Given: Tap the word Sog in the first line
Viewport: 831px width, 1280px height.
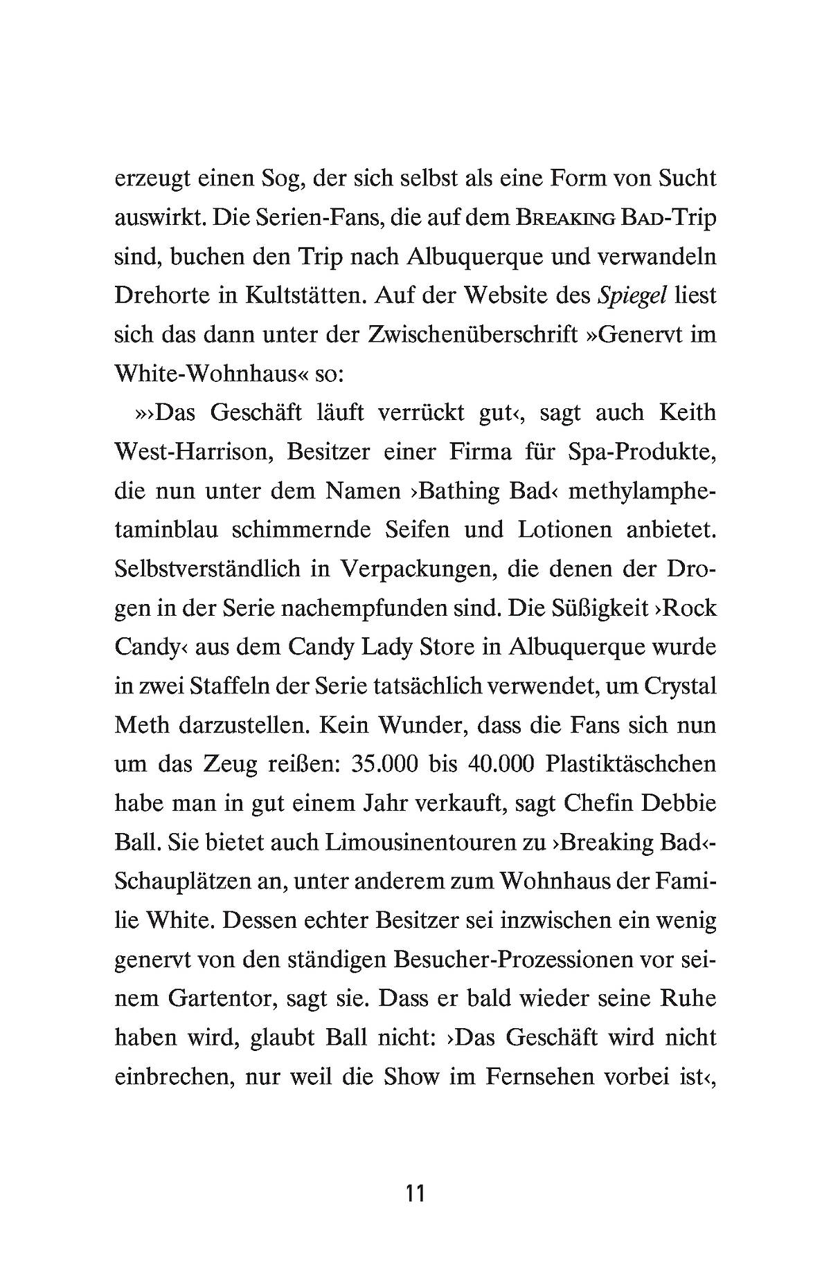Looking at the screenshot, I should coord(276,179).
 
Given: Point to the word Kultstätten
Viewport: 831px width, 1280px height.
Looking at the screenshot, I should coord(304,296).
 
